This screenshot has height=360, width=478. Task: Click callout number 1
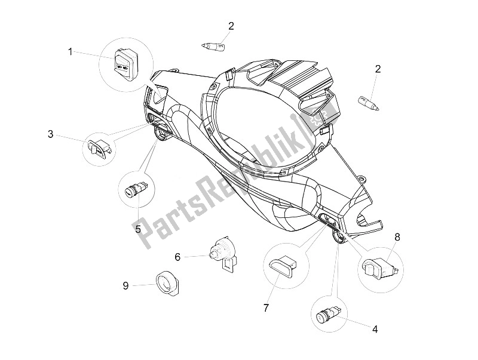click(70, 52)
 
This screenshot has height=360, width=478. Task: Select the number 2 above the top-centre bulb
click(231, 26)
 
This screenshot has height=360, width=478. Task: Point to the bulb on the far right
click(369, 103)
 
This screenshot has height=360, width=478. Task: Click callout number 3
click(51, 134)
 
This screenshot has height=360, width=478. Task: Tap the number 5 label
click(138, 229)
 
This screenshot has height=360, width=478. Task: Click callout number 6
click(177, 257)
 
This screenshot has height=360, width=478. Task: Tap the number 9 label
click(125, 286)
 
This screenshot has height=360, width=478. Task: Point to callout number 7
click(266, 309)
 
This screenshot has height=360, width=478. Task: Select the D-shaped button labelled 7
click(283, 266)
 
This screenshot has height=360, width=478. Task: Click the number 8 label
click(397, 237)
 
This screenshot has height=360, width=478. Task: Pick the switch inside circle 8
click(380, 267)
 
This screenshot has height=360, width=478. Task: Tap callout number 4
click(375, 329)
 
